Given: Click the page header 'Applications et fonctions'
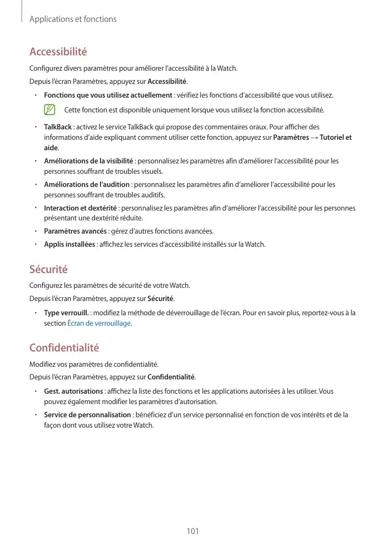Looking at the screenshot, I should click(72, 19).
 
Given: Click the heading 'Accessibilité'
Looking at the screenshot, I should click(58, 52).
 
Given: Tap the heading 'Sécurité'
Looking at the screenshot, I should click(48, 269).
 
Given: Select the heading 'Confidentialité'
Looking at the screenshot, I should click(64, 348).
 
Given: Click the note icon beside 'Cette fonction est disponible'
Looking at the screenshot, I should click(51, 110).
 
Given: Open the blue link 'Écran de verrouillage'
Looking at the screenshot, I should click(99, 323).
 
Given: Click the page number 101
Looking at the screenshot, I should click(193, 531).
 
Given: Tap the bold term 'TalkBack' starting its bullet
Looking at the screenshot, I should click(58, 127).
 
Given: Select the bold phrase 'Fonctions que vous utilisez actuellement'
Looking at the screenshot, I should click(108, 95).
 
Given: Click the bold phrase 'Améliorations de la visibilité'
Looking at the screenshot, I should click(88, 161).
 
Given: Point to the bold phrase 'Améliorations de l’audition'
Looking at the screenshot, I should click(87, 185).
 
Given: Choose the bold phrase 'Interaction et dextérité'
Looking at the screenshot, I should click(80, 208).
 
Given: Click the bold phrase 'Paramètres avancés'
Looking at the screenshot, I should click(75, 231).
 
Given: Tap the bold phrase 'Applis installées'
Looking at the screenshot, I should click(69, 244).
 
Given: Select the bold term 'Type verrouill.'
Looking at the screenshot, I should click(67, 313).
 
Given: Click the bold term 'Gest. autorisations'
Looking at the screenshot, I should click(74, 391).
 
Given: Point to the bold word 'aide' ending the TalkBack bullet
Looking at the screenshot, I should click(51, 148).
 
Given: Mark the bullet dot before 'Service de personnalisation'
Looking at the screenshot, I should click(35, 415).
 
